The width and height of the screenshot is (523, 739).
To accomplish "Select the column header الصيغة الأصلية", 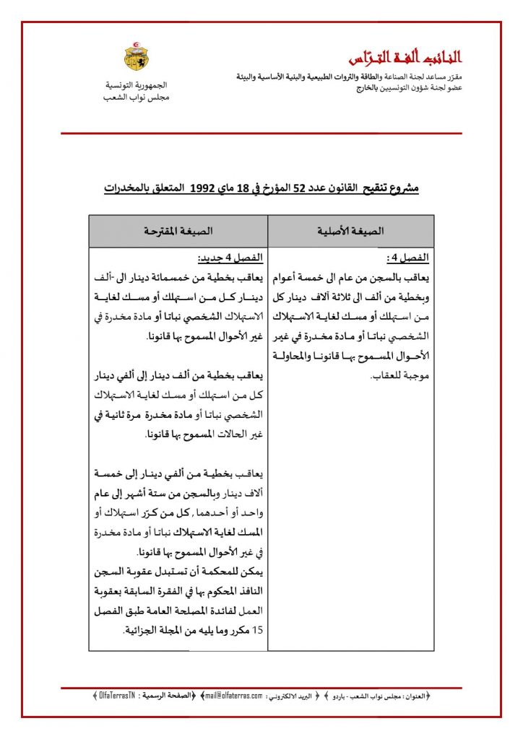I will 351,231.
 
